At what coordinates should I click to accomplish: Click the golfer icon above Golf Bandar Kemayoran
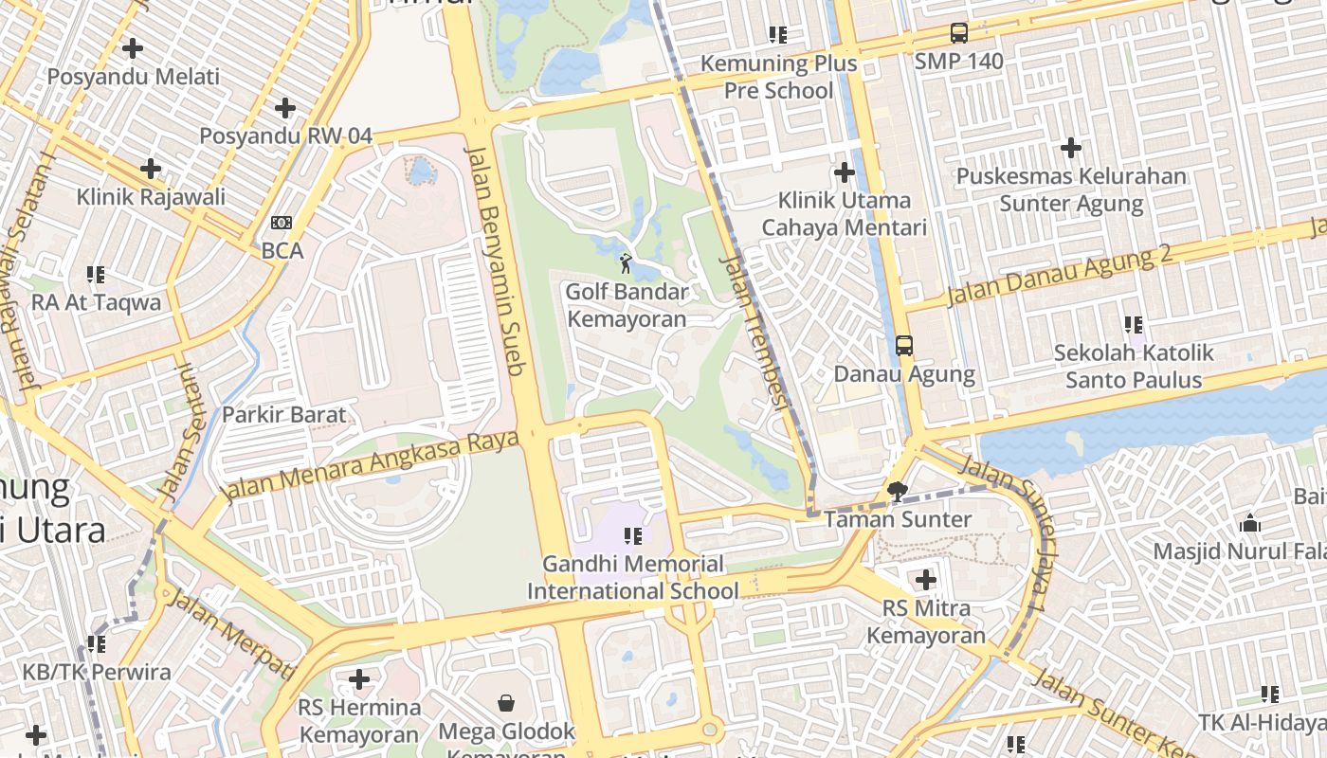[626, 263]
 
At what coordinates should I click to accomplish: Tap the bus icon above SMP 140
[959, 34]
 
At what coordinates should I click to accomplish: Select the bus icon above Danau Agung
[904, 346]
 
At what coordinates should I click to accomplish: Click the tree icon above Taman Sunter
[897, 491]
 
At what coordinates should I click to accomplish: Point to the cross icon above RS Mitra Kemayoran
[926, 580]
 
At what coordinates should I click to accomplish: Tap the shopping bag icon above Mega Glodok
[506, 703]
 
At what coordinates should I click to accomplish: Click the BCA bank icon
[282, 223]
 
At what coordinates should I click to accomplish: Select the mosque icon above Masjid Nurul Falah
[1250, 523]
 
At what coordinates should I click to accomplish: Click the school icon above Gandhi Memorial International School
[633, 536]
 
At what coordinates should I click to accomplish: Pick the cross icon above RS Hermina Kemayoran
[359, 679]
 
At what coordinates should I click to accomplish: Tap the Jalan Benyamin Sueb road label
[496, 261]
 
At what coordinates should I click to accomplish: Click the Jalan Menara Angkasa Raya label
[370, 465]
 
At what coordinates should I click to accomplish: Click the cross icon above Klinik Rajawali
[151, 169]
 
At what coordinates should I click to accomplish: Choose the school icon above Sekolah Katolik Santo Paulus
[1134, 325]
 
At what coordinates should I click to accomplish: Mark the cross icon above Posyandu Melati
[133, 47]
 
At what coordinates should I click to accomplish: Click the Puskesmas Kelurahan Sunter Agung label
[1071, 189]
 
